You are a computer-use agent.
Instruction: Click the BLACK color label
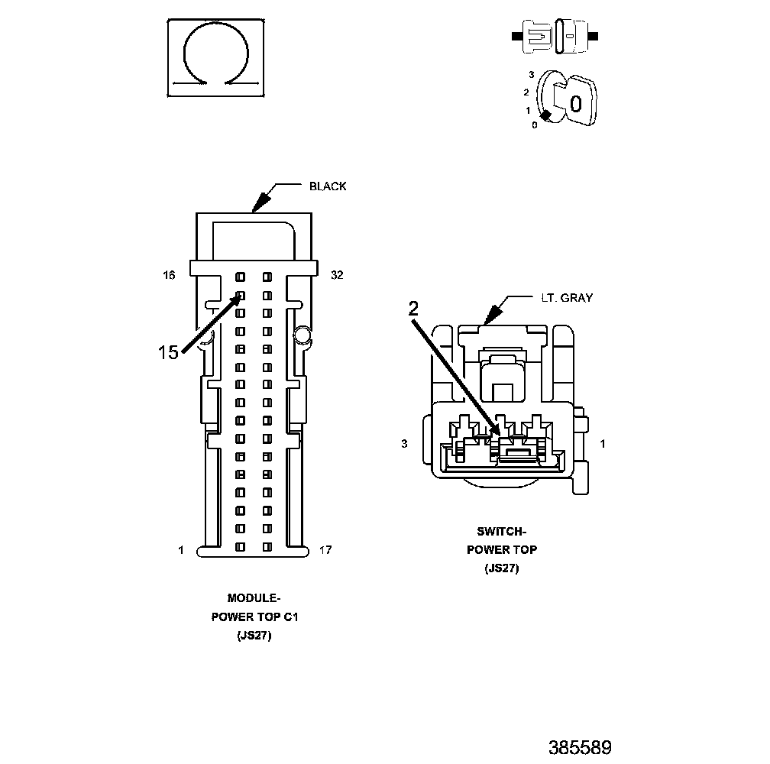(x=327, y=186)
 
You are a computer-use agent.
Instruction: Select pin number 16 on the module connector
(x=170, y=275)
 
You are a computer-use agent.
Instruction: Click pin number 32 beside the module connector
(x=337, y=275)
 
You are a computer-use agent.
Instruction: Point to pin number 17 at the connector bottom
(x=325, y=549)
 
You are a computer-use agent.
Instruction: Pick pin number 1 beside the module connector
(x=181, y=549)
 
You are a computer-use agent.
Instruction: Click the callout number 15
(x=168, y=352)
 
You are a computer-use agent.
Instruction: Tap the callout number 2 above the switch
(x=413, y=309)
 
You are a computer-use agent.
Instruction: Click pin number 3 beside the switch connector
(x=404, y=444)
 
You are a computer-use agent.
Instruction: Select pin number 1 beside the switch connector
(x=603, y=444)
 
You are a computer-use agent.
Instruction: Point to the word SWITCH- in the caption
(x=502, y=532)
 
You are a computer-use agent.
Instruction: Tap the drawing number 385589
(x=580, y=746)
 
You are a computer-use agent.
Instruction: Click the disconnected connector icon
(x=555, y=36)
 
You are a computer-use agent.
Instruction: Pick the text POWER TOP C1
(x=254, y=617)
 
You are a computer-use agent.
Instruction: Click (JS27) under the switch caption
(x=502, y=568)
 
